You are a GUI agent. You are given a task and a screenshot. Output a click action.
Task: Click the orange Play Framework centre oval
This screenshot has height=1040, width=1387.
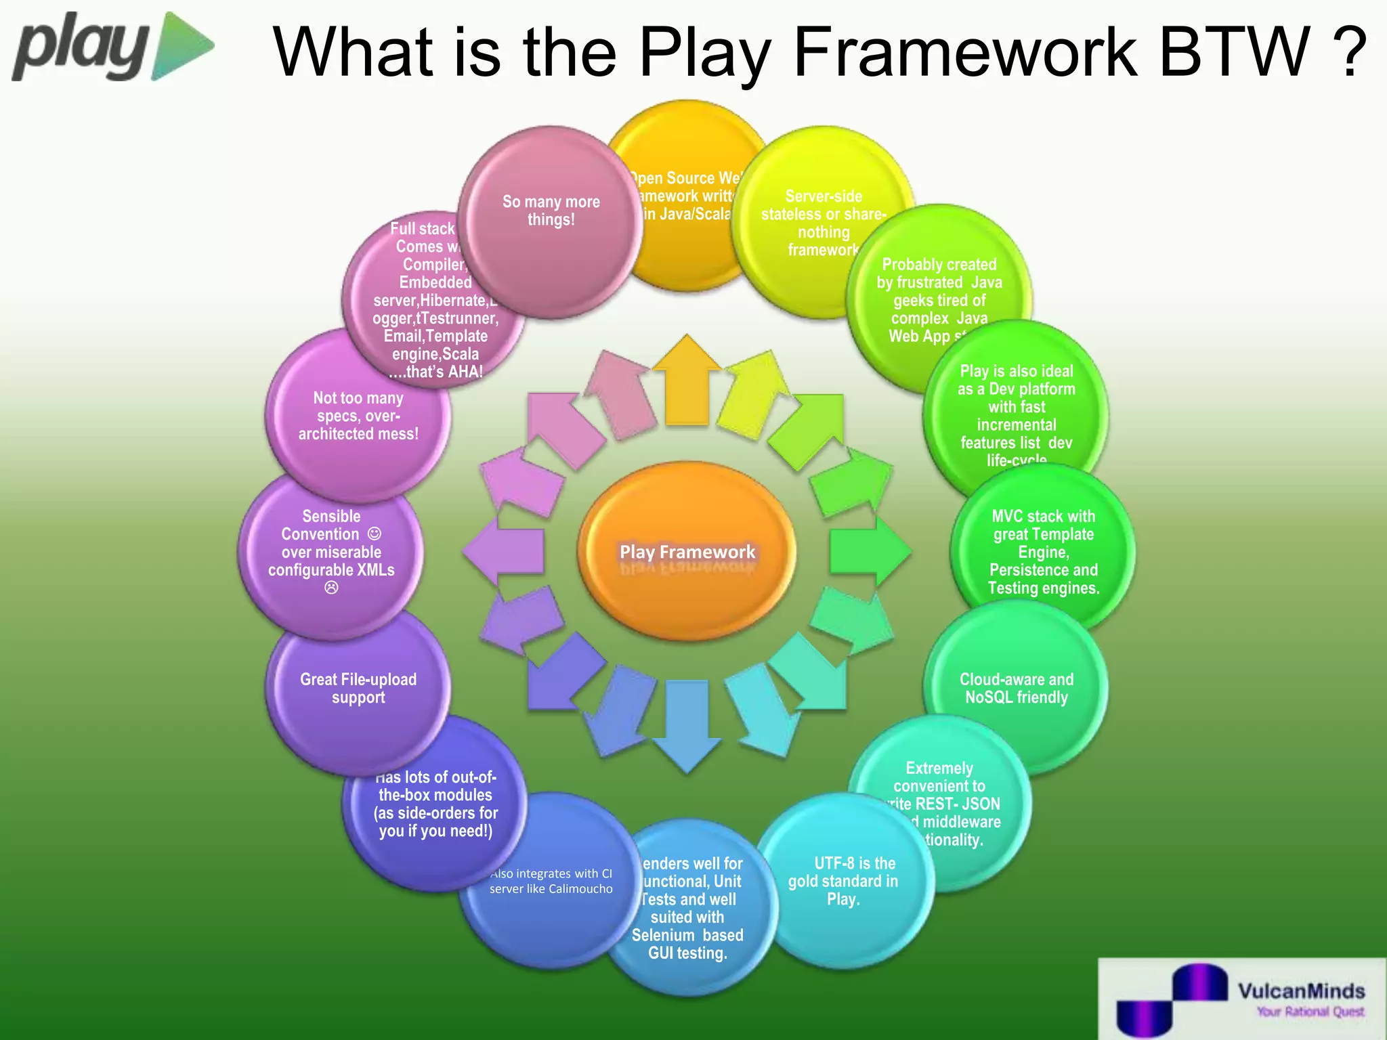(687, 551)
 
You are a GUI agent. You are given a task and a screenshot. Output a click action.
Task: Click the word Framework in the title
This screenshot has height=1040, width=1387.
(964, 53)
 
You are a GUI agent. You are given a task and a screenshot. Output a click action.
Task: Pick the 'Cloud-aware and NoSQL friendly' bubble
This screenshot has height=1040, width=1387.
(1016, 688)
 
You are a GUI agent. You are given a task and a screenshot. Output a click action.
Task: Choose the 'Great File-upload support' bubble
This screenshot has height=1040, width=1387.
(358, 688)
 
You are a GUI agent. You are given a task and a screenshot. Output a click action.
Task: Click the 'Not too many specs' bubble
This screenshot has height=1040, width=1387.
(358, 416)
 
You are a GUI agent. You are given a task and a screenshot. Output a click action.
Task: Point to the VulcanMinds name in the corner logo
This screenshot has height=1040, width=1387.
(1301, 991)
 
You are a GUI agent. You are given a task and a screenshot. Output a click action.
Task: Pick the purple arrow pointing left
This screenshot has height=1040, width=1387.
(504, 551)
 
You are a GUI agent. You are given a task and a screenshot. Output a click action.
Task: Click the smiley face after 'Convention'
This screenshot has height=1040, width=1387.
(375, 534)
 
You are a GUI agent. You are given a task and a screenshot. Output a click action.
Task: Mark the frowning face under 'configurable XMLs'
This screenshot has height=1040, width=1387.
(331, 588)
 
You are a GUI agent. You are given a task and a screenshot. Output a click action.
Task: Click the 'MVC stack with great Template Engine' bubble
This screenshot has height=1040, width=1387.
(1043, 551)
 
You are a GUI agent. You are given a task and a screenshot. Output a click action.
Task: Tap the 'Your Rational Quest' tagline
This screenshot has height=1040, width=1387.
(1310, 1012)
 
